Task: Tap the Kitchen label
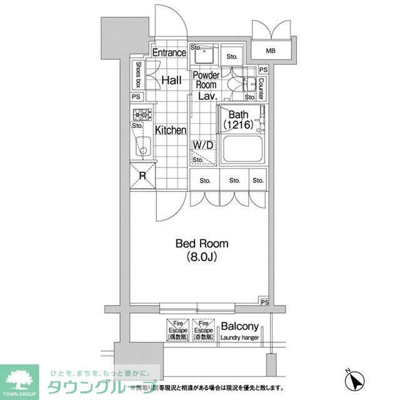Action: pos(171,130)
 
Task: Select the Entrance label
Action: pos(169,52)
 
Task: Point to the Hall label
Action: pos(171,80)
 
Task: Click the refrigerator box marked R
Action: pos(142,176)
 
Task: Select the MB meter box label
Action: pos(271,51)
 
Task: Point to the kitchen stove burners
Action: pos(141,114)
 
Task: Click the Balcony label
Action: pos(240,326)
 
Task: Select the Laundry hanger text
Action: pos(239,338)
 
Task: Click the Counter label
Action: pos(261,87)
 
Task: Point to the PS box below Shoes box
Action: pos(136,97)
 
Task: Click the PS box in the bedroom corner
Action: pos(264,302)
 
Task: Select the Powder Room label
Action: pos(206,80)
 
